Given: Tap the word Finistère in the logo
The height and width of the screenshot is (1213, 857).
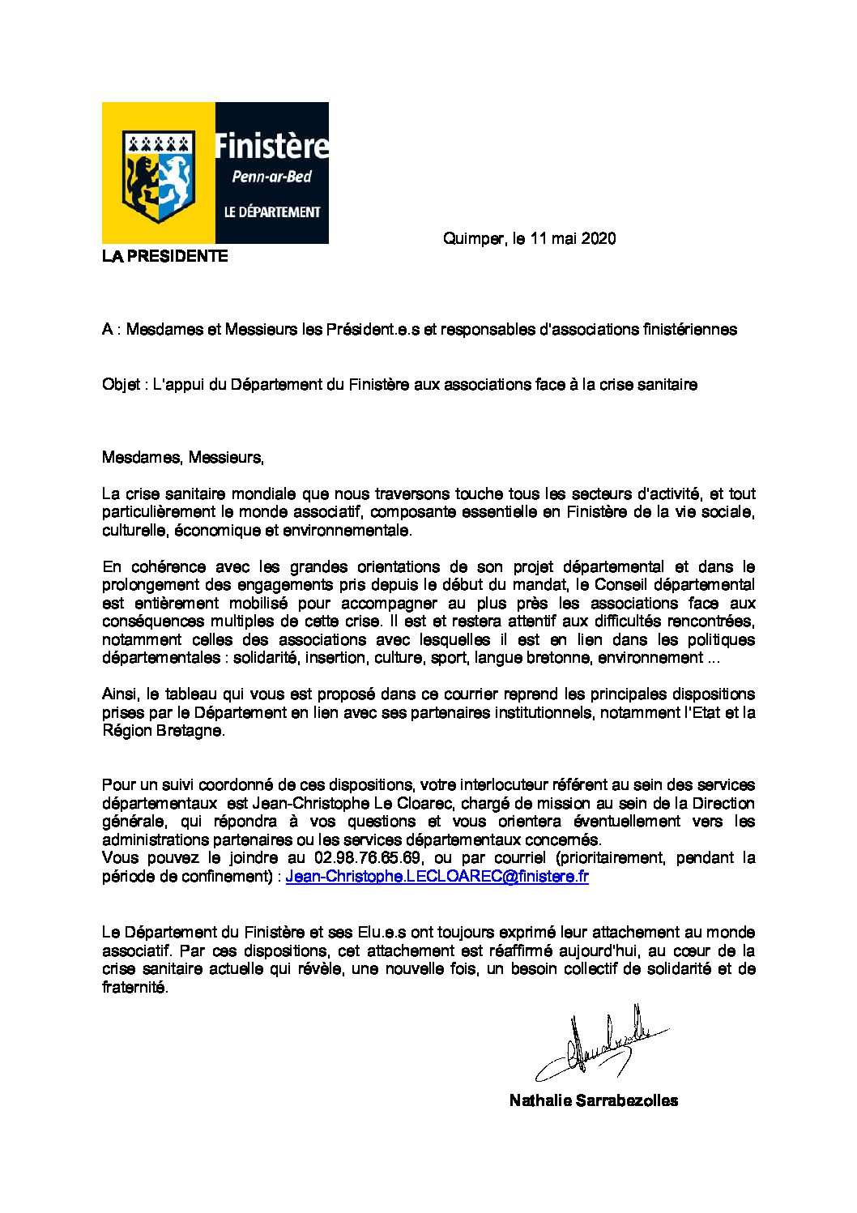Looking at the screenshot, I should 271,147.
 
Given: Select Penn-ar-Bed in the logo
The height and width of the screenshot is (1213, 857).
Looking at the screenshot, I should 272,177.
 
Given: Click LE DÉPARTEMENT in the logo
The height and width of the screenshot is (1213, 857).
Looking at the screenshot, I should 272,212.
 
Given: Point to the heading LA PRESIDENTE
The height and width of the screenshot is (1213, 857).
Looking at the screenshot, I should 164,257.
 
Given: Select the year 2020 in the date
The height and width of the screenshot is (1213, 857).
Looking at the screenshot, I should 599,239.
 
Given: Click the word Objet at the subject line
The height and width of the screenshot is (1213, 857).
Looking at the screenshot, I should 119,385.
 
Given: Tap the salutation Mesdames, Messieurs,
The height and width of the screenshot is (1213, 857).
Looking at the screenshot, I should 183,458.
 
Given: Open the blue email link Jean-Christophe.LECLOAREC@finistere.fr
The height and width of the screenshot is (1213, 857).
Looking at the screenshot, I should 437,877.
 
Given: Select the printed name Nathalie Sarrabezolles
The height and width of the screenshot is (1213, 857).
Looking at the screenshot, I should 594,1100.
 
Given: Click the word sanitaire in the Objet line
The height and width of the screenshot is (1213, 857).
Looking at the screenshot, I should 667,385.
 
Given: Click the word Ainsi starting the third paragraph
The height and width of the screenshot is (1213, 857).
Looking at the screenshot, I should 120,694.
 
